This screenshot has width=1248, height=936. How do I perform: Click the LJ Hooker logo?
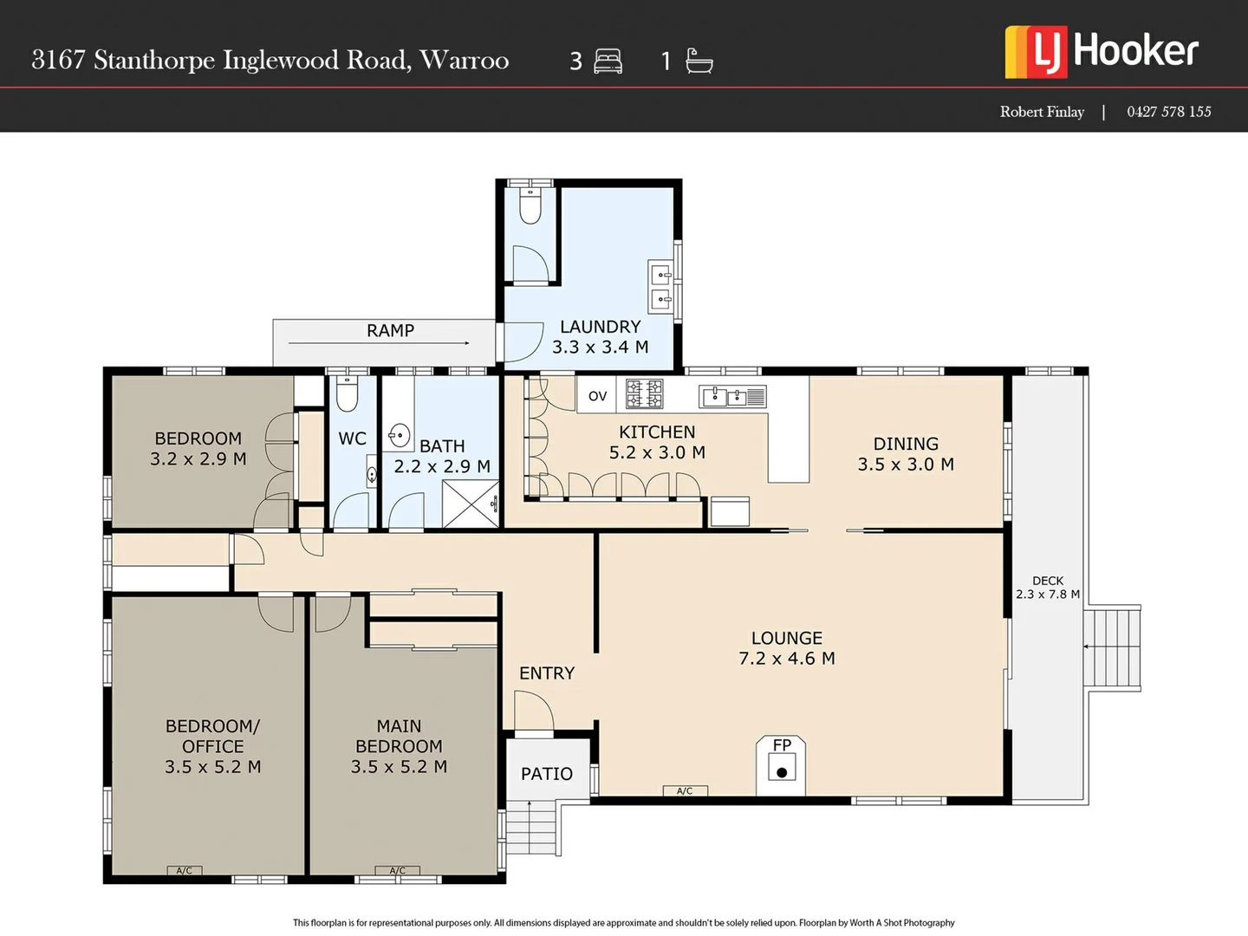click(1102, 51)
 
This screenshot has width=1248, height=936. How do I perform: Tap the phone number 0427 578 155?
click(1168, 112)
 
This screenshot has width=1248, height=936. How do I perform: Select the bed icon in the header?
click(608, 62)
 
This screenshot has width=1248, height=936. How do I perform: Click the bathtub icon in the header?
click(699, 61)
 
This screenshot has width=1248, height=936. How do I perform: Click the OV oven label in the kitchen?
click(597, 396)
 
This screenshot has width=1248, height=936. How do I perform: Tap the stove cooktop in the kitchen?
click(645, 393)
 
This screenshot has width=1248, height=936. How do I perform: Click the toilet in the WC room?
click(347, 394)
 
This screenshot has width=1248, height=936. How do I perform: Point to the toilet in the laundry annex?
click(530, 206)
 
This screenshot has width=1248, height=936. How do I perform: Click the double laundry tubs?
click(661, 288)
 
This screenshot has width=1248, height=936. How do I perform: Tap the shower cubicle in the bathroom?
click(471, 504)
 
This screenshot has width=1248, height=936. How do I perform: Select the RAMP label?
click(390, 330)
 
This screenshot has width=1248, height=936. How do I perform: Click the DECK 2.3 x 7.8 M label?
click(1048, 588)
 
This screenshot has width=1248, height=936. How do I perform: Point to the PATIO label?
click(547, 774)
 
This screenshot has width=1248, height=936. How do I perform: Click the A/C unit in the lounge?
click(685, 790)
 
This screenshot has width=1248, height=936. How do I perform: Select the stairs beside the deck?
click(1113, 647)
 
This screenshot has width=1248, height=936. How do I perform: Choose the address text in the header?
click(270, 60)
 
